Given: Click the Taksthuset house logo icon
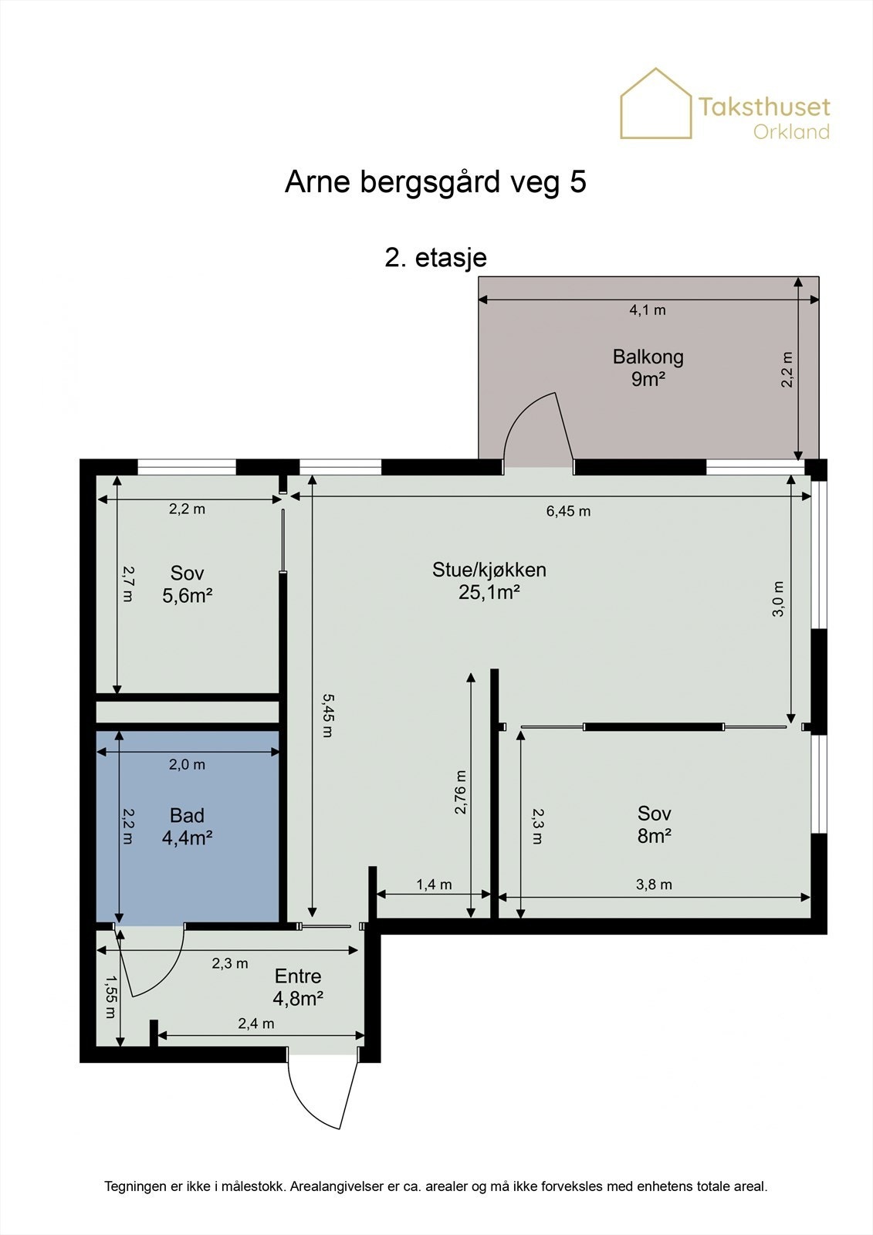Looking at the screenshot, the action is [x=656, y=103].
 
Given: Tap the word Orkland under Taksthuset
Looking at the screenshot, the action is [x=791, y=132].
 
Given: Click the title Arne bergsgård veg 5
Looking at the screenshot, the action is [x=435, y=182].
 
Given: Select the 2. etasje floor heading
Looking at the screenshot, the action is [x=435, y=258].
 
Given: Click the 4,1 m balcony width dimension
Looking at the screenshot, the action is [x=648, y=310].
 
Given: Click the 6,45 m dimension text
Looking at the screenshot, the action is [x=568, y=511].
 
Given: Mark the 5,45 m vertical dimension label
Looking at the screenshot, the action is [x=327, y=715].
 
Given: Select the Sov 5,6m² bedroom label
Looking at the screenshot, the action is [x=188, y=584].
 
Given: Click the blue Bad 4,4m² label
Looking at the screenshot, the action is [x=187, y=827].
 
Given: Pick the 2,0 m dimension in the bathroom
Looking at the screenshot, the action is [x=187, y=765].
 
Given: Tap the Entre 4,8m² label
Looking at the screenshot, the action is [x=298, y=987].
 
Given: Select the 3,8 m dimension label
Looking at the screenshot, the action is [x=654, y=885].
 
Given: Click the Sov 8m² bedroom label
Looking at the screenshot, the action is [x=654, y=825].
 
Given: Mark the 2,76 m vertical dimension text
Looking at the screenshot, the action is [x=461, y=792].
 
